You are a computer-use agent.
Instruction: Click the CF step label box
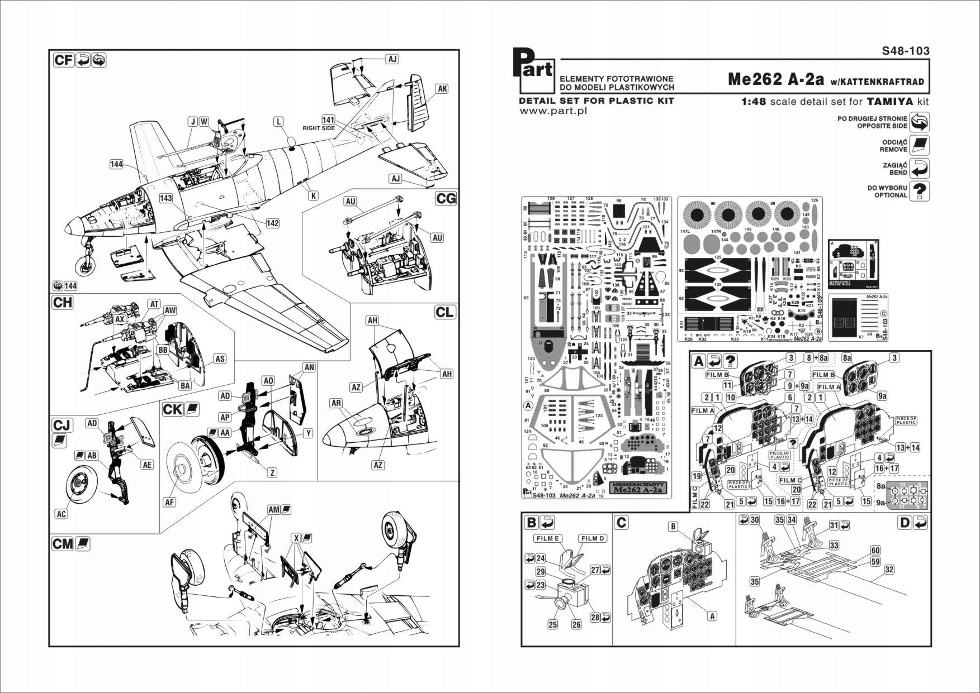pyautogui.click(x=64, y=60)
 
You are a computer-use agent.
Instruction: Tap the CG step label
pyautogui.click(x=446, y=198)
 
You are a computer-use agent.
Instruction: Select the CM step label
pyautogui.click(x=63, y=543)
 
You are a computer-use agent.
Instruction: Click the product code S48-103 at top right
pyautogui.click(x=905, y=51)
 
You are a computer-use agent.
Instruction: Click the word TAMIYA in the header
pyautogui.click(x=889, y=102)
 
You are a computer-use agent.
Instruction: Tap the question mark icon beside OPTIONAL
pyautogui.click(x=919, y=192)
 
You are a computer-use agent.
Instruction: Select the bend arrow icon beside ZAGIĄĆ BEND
pyautogui.click(x=919, y=168)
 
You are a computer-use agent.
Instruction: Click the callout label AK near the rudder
pyautogui.click(x=442, y=89)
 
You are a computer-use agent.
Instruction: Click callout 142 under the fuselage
pyautogui.click(x=272, y=223)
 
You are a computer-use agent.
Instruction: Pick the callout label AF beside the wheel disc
pyautogui.click(x=169, y=502)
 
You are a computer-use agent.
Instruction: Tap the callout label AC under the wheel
pyautogui.click(x=61, y=514)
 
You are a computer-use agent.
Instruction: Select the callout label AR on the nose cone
pyautogui.click(x=336, y=403)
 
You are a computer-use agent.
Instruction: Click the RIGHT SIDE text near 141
pyautogui.click(x=319, y=128)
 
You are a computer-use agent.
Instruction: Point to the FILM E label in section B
pyautogui.click(x=548, y=538)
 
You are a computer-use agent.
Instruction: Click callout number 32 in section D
pyautogui.click(x=889, y=570)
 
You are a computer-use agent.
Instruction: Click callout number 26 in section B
pyautogui.click(x=576, y=624)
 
